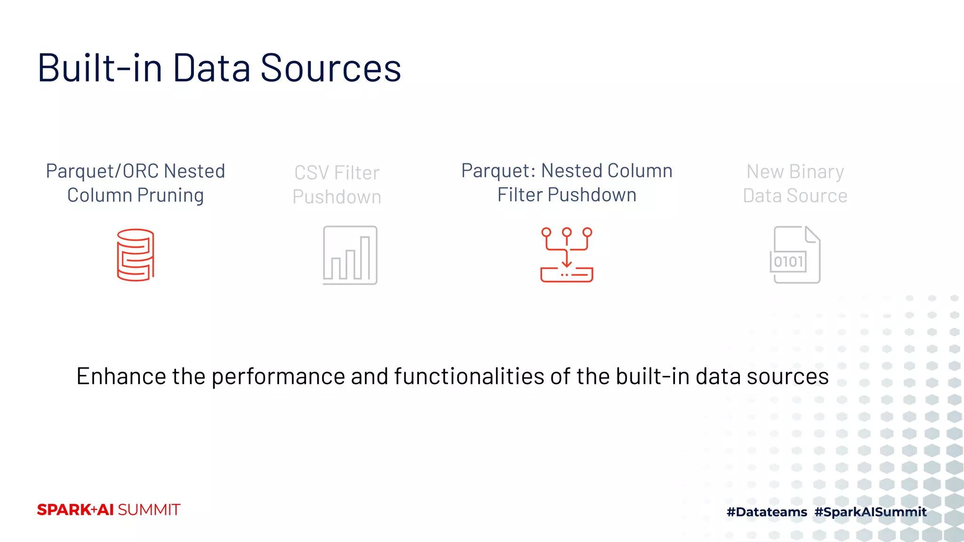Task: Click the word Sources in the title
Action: (x=330, y=68)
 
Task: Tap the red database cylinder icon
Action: (x=136, y=255)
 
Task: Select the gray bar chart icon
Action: (x=350, y=255)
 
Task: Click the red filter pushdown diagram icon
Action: (x=567, y=255)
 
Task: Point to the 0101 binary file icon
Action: (x=795, y=255)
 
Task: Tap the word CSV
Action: (x=311, y=173)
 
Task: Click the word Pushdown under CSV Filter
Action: (x=337, y=197)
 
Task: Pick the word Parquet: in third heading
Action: (x=498, y=171)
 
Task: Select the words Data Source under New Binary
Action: (x=795, y=196)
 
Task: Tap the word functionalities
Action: (x=469, y=376)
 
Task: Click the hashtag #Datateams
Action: (x=767, y=512)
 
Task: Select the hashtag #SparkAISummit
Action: (x=870, y=512)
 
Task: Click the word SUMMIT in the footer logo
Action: (x=149, y=510)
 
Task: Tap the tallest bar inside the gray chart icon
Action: (x=365, y=258)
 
